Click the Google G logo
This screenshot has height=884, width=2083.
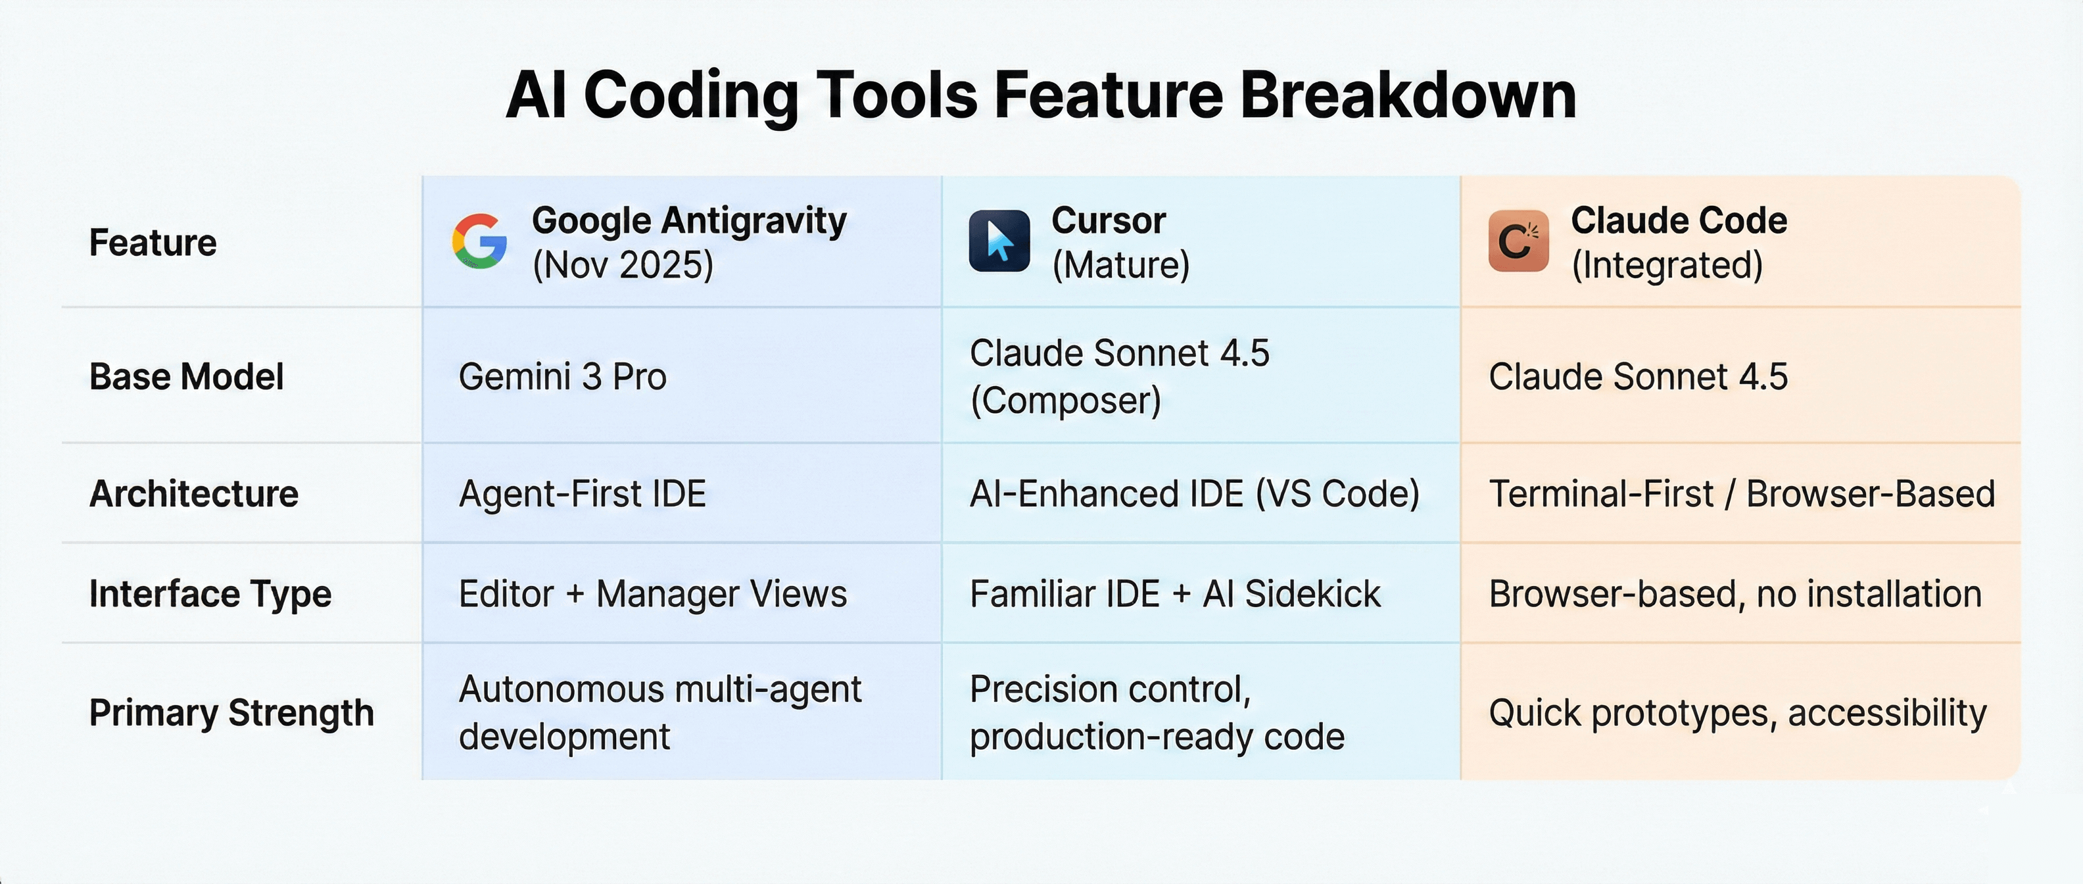pos(479,241)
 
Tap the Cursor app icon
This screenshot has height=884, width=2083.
pos(999,241)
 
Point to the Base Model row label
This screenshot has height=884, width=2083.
pos(187,377)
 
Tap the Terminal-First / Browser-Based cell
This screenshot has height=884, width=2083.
pos(1742,493)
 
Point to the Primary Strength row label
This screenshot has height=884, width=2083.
pos(231,712)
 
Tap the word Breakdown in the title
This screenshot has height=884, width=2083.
pos(1408,95)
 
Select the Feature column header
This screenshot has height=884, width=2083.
pos(153,243)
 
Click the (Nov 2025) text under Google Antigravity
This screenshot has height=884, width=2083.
pos(623,264)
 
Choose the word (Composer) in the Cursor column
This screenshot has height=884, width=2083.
pos(1066,401)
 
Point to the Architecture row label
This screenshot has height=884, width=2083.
pos(194,493)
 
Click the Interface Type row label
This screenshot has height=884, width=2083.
pos(210,594)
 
